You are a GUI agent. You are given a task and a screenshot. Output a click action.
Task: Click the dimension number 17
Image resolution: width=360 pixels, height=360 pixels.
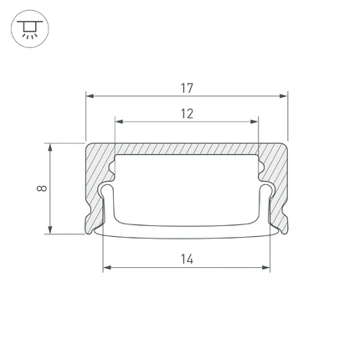click(187, 88)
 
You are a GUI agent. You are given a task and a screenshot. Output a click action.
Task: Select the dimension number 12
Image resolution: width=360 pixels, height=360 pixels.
click(187, 114)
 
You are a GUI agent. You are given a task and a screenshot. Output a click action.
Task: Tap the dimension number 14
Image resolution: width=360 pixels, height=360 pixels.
click(187, 260)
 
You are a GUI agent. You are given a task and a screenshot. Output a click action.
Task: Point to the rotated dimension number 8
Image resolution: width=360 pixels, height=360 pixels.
click(42, 188)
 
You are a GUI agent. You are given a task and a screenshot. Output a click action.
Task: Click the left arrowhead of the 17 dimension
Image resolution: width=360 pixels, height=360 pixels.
click(90, 96)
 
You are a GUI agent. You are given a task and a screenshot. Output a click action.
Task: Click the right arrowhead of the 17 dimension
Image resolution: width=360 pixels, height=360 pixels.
click(284, 96)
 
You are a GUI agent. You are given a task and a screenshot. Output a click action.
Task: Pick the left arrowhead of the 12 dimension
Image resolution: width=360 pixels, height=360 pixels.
click(119, 121)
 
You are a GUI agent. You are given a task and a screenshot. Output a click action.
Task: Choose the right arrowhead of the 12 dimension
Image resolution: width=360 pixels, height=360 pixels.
click(255, 121)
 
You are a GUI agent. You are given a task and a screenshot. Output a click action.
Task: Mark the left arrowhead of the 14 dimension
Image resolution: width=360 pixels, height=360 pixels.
click(107, 268)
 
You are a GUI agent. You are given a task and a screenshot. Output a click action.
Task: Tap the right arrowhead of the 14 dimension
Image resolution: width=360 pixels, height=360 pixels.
click(266, 268)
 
